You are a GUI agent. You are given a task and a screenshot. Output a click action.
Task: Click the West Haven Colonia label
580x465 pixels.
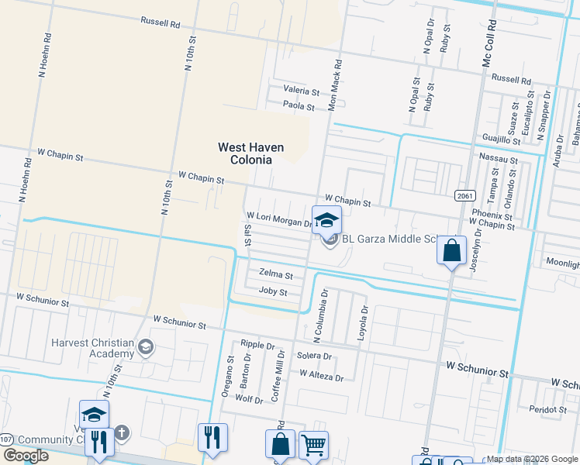click(x=250, y=153)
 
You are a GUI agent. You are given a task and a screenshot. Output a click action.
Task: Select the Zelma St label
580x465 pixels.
click(x=276, y=275)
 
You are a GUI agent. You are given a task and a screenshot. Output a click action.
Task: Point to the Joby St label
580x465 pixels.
click(x=273, y=292)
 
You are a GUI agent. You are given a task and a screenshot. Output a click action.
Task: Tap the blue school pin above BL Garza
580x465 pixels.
click(x=326, y=219)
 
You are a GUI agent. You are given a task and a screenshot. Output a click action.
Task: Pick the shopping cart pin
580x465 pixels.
click(x=313, y=445)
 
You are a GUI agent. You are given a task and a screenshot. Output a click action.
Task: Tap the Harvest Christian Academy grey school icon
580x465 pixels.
click(x=145, y=347)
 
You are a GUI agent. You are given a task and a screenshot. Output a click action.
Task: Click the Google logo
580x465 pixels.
click(x=26, y=456)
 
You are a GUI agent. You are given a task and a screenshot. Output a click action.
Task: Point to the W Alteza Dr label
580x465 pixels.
click(x=321, y=376)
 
